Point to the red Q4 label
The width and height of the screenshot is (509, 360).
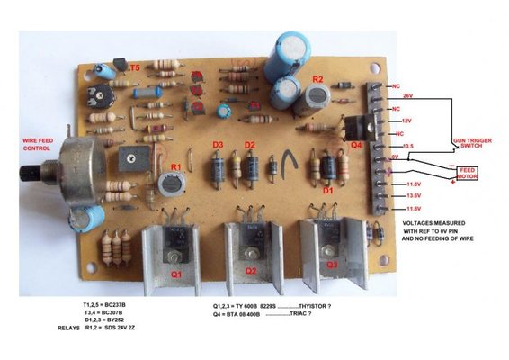pos(356,145)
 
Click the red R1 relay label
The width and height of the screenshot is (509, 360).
pos(176,167)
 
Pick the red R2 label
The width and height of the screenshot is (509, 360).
pos(317,80)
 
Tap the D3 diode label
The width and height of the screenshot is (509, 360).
pos(218,144)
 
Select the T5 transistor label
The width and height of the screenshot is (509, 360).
pos(133,67)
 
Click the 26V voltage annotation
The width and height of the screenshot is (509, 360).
pos(407,95)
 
